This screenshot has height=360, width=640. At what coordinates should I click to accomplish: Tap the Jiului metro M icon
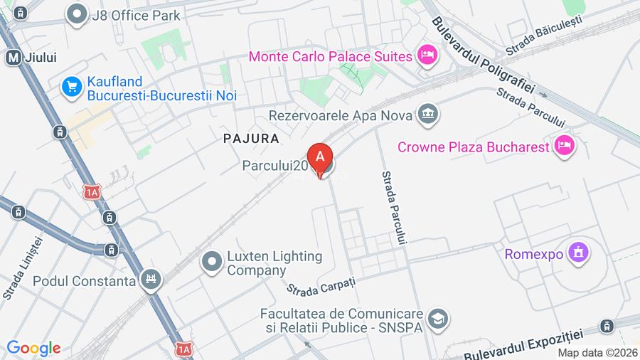tap(12, 58)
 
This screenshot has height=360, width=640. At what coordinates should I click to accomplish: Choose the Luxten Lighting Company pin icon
tap(211, 263)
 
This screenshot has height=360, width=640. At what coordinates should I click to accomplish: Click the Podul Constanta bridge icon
tap(150, 280)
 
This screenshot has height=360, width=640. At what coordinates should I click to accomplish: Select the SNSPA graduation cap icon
tap(439, 319)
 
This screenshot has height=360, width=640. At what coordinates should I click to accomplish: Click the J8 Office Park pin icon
tap(75, 14)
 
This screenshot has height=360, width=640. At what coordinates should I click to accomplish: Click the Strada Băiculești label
tap(544, 36)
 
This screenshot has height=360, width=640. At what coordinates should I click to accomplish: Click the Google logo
tap(33, 348)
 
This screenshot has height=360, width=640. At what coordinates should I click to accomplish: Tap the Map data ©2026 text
tap(597, 353)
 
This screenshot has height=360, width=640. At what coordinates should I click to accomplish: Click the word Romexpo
tap(534, 254)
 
